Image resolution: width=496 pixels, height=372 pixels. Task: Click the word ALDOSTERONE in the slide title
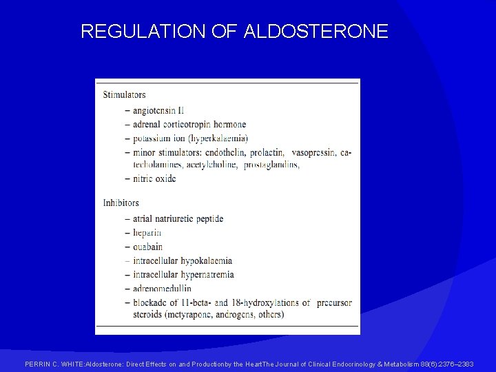[316, 31]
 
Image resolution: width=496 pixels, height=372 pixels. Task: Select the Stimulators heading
[124, 94]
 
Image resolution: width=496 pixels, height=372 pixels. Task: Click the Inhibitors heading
[121, 203]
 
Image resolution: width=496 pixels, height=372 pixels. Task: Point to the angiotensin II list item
[158, 110]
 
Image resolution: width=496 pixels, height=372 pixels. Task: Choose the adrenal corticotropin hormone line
[189, 125]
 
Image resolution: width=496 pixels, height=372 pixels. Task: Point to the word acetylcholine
[213, 165]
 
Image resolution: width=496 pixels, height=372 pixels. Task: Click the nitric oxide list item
[154, 178]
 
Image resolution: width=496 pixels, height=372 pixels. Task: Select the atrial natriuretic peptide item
[178, 219]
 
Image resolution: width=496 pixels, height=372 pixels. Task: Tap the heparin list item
[147, 233]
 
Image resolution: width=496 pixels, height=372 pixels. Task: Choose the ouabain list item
[147, 247]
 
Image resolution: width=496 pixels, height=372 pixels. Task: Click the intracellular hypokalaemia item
[183, 261]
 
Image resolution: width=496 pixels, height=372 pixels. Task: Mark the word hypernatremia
[208, 275]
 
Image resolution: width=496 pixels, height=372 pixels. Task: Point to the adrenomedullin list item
[163, 289]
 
